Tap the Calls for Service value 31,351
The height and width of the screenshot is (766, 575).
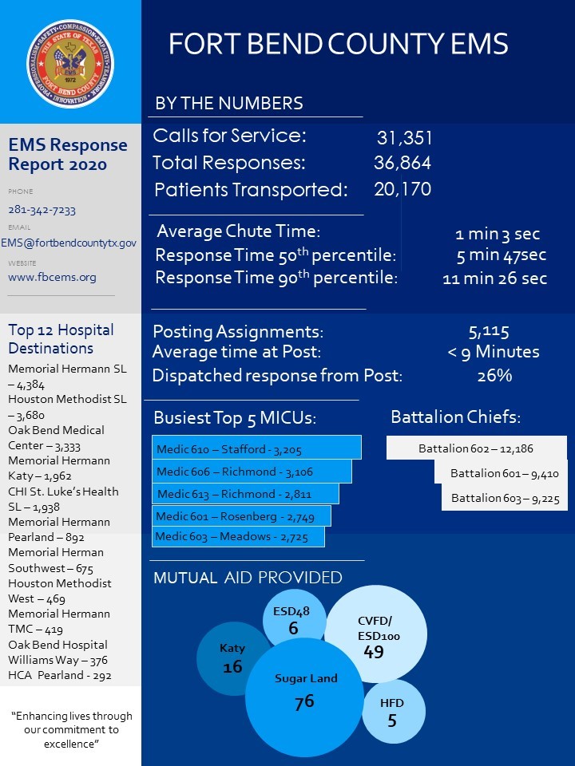403,137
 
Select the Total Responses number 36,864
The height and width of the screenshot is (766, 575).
402,164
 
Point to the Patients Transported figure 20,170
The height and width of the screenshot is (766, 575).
402,190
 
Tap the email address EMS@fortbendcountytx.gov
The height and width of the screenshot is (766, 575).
69,243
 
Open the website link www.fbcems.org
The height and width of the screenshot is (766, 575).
52,277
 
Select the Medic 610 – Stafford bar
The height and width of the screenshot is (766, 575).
256,448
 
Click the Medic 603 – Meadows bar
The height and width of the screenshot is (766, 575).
238,536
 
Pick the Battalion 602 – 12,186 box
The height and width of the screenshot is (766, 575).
476,448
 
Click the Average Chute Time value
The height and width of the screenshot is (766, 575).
497,235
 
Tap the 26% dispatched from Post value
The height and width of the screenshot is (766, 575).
494,376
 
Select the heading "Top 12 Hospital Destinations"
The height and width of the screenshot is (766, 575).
61,339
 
